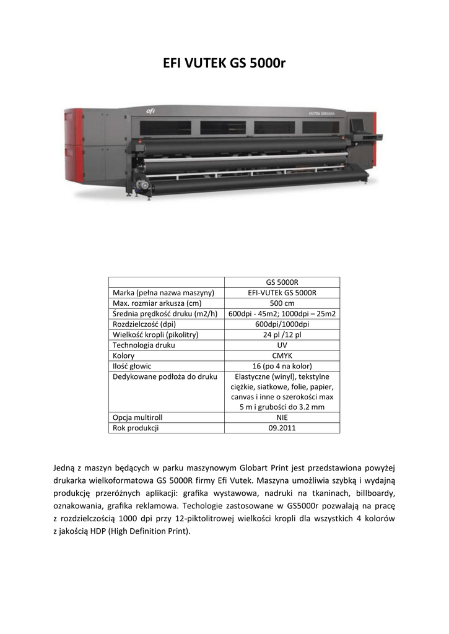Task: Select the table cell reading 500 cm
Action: tap(282, 303)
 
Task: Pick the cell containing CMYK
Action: tap(282, 355)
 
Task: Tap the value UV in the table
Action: tap(282, 345)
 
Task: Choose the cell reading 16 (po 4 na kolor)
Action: tap(282, 366)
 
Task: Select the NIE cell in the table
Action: tap(282, 417)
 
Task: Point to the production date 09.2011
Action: tap(282, 428)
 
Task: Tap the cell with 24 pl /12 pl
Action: tap(282, 334)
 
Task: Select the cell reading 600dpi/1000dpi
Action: tap(282, 324)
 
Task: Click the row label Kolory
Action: tap(123, 355)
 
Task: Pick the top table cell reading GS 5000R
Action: tap(282, 282)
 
